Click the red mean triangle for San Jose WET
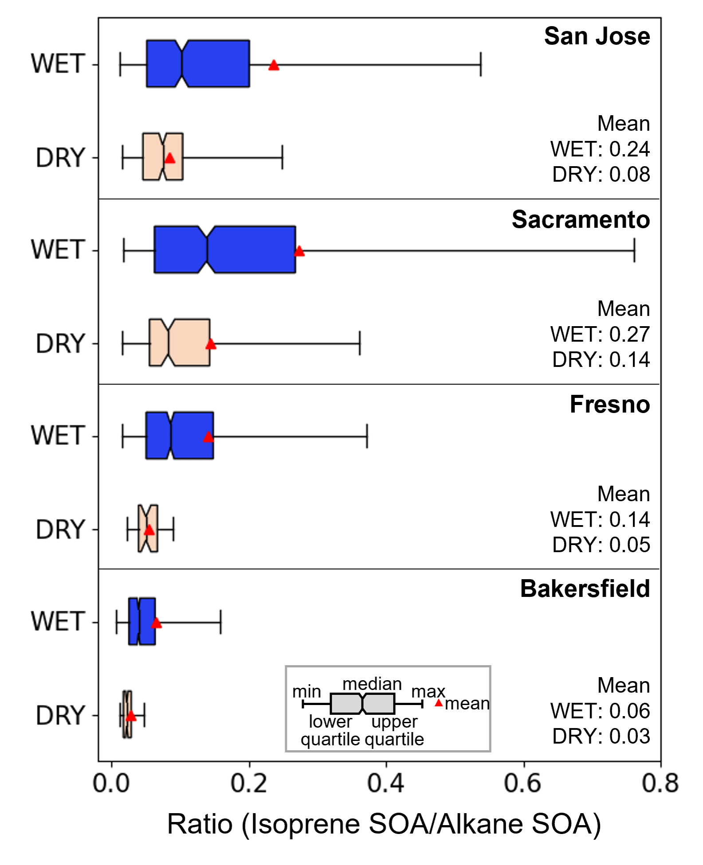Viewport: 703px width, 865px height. coord(274,66)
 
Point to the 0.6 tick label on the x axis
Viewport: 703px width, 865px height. coord(523,783)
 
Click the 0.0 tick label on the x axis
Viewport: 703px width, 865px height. coord(111,783)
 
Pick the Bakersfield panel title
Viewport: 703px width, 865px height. coord(585,589)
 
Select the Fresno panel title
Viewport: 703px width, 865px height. coord(609,404)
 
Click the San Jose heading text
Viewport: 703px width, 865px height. coord(597,36)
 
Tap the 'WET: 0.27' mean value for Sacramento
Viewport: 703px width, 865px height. coord(600,334)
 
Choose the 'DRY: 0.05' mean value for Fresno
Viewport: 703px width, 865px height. coord(601,545)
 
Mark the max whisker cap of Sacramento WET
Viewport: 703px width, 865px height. coord(634,250)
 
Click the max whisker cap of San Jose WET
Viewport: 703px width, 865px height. coord(480,64)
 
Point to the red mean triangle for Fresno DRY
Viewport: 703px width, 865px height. coord(149,530)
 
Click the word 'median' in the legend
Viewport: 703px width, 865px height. coord(372,684)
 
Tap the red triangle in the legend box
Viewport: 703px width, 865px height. coord(439,703)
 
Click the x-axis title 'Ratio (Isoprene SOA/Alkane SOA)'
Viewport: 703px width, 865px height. coord(384,824)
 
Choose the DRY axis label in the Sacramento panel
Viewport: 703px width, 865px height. coord(60,343)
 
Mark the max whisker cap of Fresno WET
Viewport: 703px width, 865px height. coord(367,436)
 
